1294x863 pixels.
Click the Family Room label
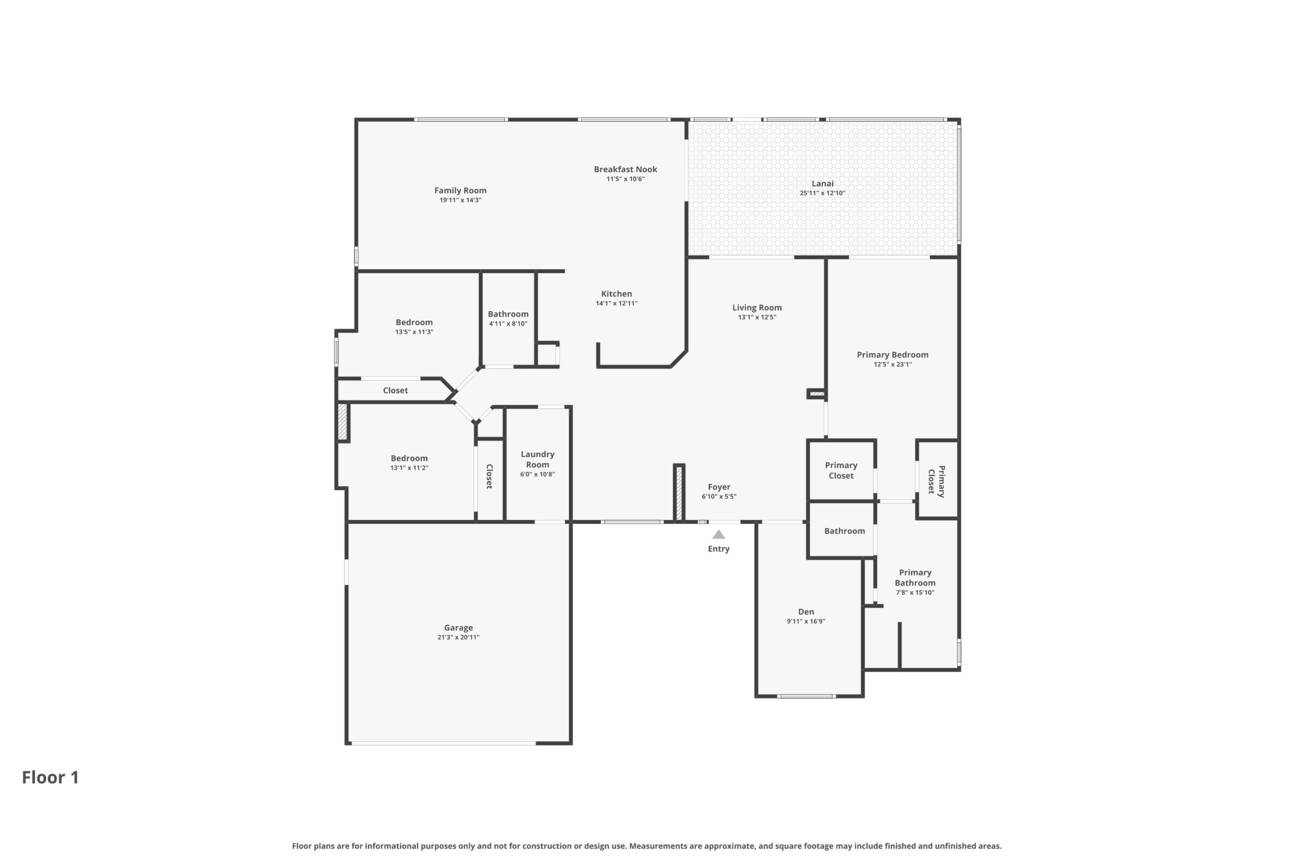click(460, 190)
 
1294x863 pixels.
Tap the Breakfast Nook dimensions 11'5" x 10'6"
click(626, 179)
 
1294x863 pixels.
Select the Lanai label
click(823, 183)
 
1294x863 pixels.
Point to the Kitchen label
click(616, 294)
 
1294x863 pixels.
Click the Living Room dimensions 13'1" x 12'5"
click(757, 317)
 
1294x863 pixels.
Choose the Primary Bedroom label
click(892, 355)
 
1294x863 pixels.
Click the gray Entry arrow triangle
click(719, 534)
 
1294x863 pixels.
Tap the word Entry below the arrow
click(719, 549)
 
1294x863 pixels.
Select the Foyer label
click(719, 487)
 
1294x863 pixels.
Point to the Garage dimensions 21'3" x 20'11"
click(458, 637)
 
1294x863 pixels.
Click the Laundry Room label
click(538, 460)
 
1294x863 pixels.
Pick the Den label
click(806, 611)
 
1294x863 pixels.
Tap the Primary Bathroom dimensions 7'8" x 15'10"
click(915, 593)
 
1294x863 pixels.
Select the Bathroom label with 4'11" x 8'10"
click(508, 314)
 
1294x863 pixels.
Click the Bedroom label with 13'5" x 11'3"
click(414, 323)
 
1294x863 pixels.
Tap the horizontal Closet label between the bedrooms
click(395, 391)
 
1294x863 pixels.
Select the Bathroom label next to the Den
click(844, 531)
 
